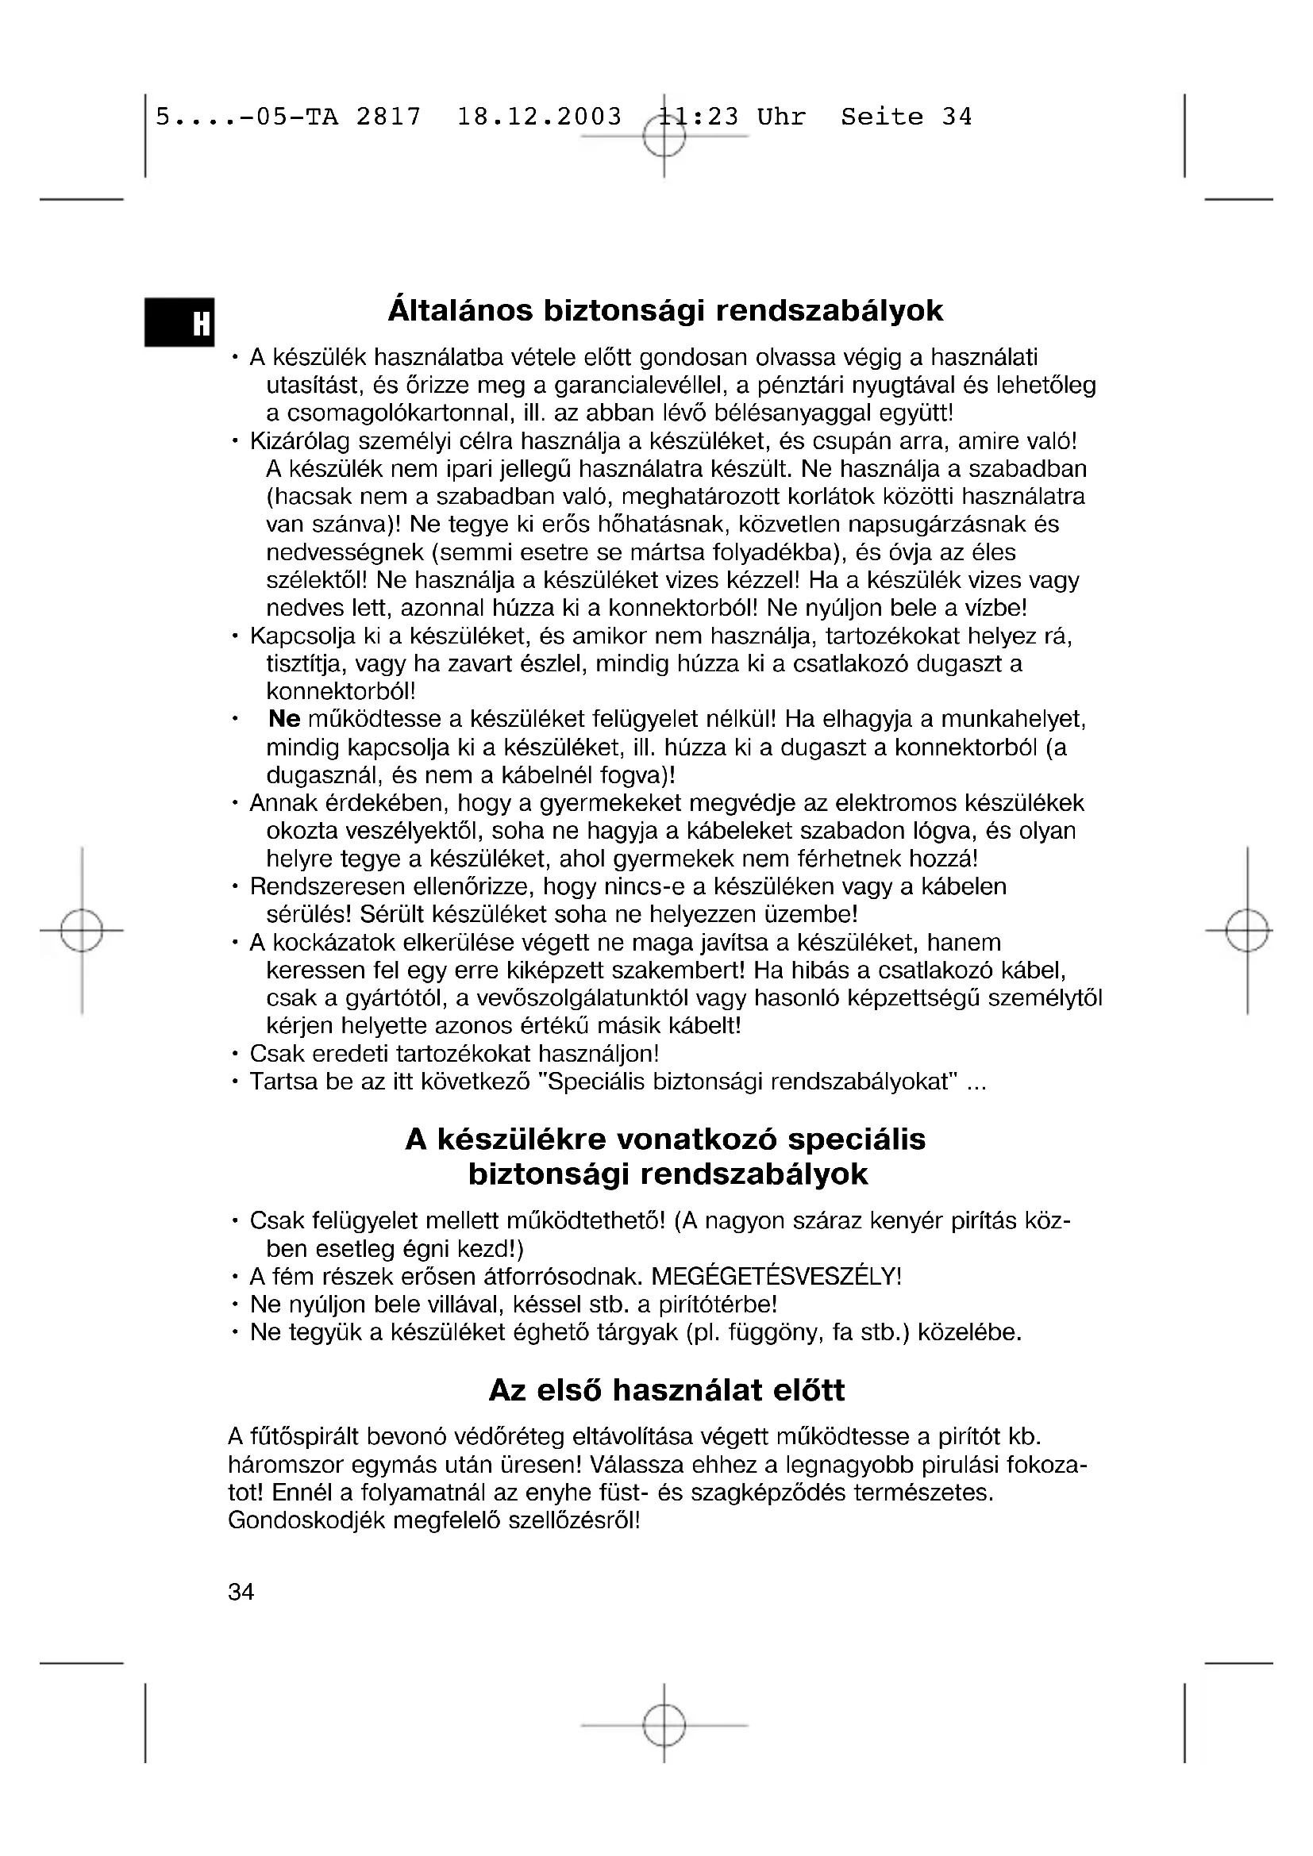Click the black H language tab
pyautogui.click(x=179, y=322)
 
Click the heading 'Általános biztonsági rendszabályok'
pyautogui.click(x=665, y=311)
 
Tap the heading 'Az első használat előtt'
pyautogui.click(x=667, y=1389)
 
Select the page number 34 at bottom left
pyautogui.click(x=241, y=1592)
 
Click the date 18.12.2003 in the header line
pyautogui.click(x=539, y=117)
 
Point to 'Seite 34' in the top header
pyautogui.click(x=906, y=117)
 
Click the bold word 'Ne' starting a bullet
pyautogui.click(x=283, y=719)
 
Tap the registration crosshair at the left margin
pyautogui.click(x=82, y=931)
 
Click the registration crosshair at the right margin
pyautogui.click(x=1246, y=931)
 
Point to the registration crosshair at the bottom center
pyautogui.click(x=664, y=1724)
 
